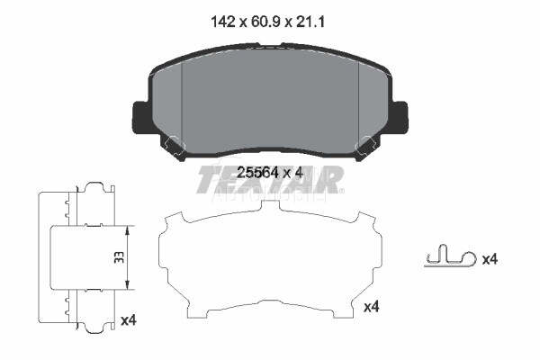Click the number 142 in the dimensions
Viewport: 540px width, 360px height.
pyautogui.click(x=223, y=22)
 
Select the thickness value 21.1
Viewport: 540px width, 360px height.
pyautogui.click(x=310, y=22)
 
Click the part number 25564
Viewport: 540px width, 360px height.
pyautogui.click(x=258, y=172)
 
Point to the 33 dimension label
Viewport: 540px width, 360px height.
pyautogui.click(x=119, y=257)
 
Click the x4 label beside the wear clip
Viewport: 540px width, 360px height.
pyautogui.click(x=490, y=259)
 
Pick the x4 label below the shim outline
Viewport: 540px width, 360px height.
pyautogui.click(x=371, y=307)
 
